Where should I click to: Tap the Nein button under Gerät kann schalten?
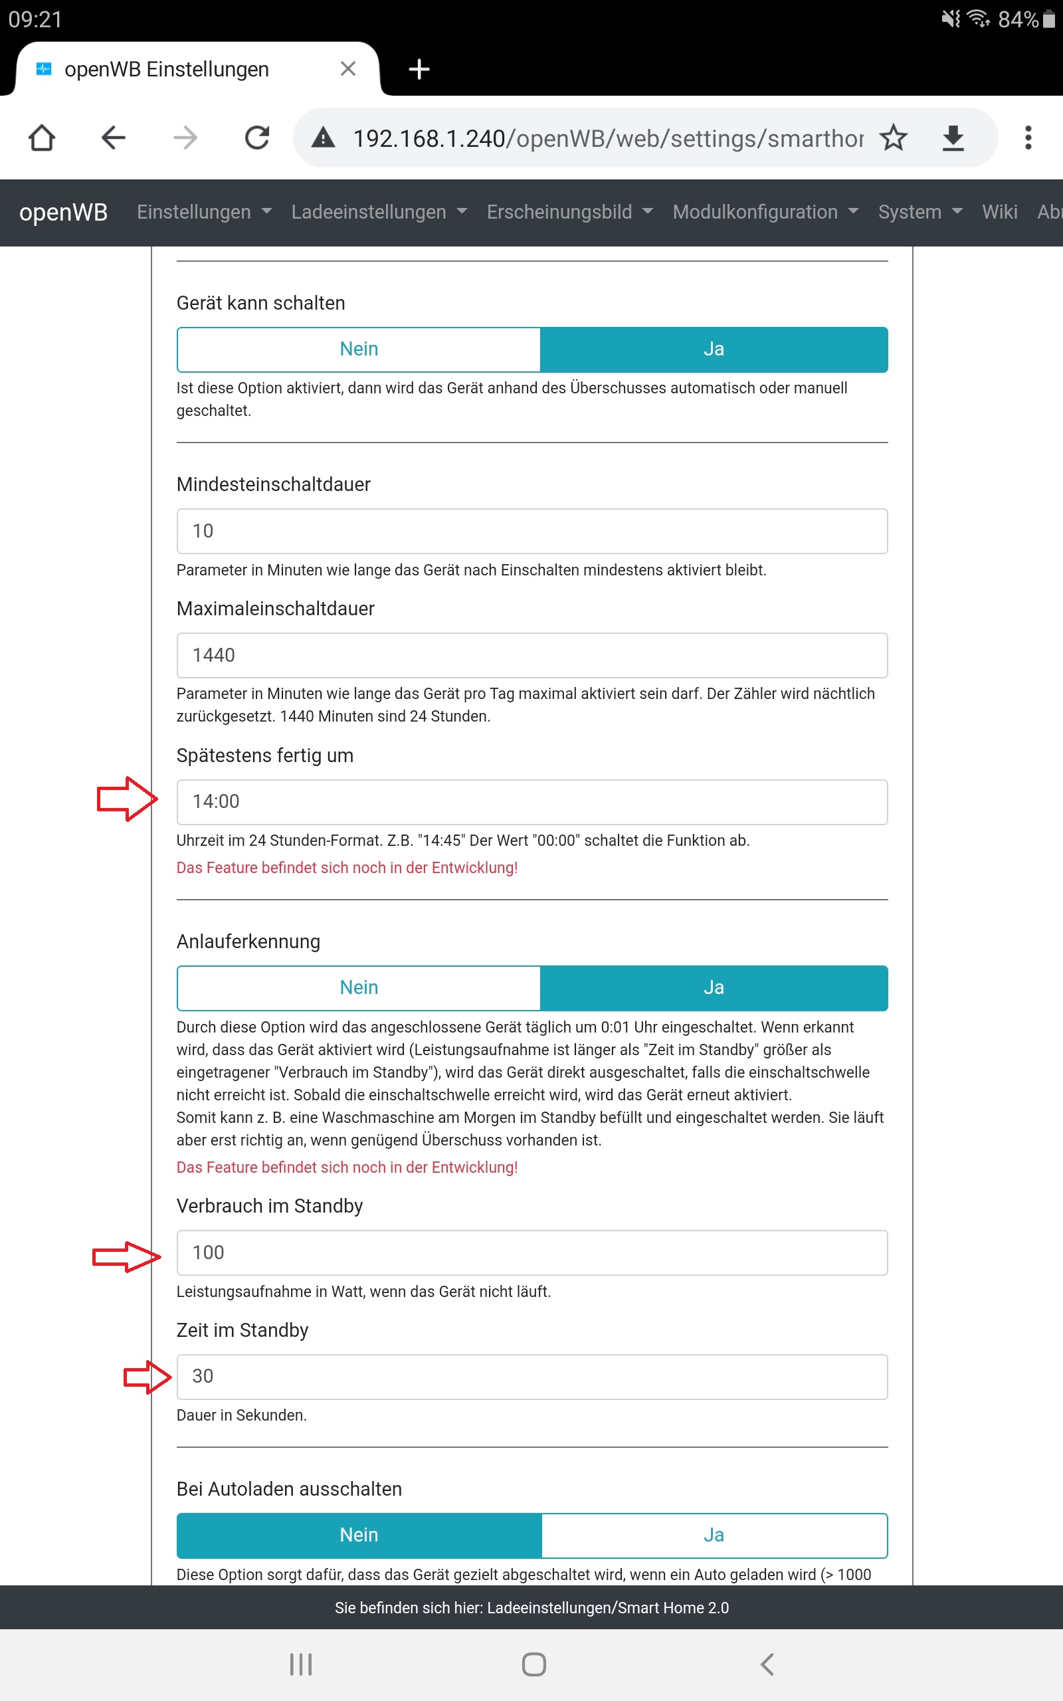click(359, 350)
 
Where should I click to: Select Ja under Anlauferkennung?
click(713, 987)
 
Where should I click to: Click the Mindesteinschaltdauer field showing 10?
click(531, 531)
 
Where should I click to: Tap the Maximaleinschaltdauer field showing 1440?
click(531, 655)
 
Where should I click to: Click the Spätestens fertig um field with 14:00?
click(531, 801)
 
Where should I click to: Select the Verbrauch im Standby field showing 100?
click(531, 1252)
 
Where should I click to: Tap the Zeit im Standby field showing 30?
click(531, 1376)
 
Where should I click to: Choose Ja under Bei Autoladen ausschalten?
click(713, 1535)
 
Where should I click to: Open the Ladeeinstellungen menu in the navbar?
click(378, 212)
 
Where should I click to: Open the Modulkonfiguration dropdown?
click(765, 212)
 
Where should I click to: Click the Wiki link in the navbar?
click(999, 212)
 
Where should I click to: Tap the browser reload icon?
click(257, 138)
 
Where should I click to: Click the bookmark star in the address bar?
click(894, 138)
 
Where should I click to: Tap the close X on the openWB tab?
click(348, 69)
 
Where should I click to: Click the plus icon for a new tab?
click(419, 69)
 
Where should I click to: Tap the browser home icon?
click(41, 138)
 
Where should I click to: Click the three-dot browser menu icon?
click(1028, 138)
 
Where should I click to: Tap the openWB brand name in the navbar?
click(63, 212)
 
